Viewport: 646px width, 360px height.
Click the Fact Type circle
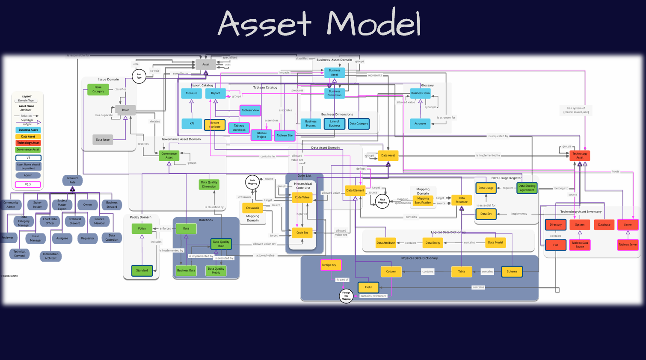pos(139,77)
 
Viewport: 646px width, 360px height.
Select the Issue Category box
pos(98,89)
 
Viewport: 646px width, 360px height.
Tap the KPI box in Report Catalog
pos(192,124)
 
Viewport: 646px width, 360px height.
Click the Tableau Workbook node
pos(239,128)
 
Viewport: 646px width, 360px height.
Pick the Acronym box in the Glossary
pos(420,124)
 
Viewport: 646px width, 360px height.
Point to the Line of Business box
pos(335,124)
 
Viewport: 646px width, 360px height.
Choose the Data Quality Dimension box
pos(209,184)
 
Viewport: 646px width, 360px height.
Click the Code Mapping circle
pos(252,182)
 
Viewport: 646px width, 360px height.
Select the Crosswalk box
pos(252,208)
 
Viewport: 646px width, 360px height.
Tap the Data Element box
pos(355,190)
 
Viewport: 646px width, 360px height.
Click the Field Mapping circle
pos(382,201)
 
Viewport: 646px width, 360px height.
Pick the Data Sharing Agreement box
pos(527,188)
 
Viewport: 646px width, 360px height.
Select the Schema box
pos(512,271)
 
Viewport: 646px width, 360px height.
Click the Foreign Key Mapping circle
pos(346,295)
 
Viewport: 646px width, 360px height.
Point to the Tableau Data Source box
pos(580,245)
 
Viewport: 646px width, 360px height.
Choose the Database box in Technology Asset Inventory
pos(604,224)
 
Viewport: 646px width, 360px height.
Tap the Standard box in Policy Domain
pos(142,270)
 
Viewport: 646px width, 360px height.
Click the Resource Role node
pos(72,180)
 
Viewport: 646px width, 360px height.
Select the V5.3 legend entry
pos(28,185)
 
